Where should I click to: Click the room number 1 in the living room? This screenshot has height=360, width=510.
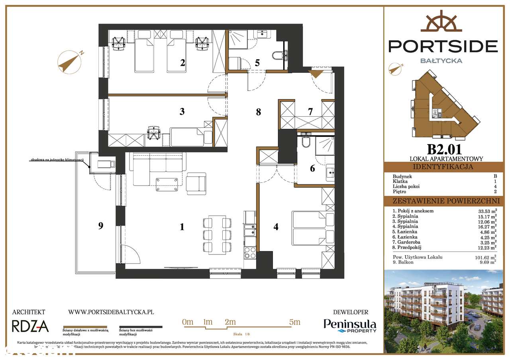click(x=182, y=227)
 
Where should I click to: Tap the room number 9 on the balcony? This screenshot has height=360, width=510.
click(x=101, y=226)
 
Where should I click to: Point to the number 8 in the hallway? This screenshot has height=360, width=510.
click(x=259, y=112)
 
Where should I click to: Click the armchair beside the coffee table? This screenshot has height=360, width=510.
click(x=197, y=184)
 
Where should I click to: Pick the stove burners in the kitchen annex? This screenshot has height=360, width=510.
click(x=249, y=253)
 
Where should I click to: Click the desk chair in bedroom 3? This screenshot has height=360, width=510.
click(x=153, y=132)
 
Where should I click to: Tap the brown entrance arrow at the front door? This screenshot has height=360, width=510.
click(x=317, y=73)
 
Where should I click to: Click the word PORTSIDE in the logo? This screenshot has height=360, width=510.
click(x=443, y=46)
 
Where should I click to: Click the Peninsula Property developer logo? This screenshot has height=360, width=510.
click(x=349, y=326)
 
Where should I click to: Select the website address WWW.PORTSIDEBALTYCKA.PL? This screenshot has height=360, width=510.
click(x=111, y=313)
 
